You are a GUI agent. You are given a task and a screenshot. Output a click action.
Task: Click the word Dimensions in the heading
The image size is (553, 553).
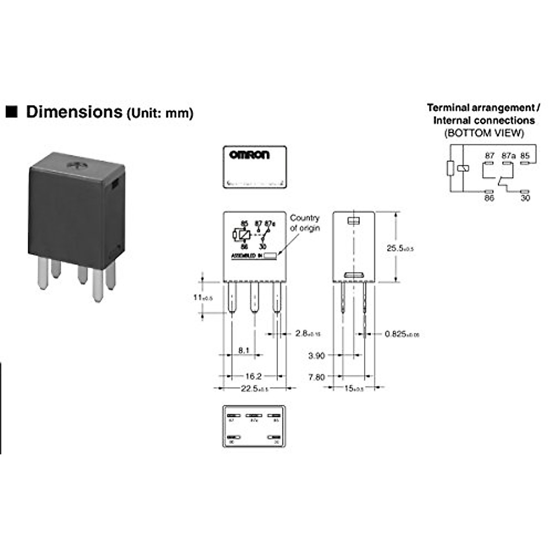tap(74, 112)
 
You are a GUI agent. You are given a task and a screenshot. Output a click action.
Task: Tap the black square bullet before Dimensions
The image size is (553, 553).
tap(11, 112)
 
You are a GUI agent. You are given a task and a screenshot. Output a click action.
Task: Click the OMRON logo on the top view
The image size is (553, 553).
tap(249, 155)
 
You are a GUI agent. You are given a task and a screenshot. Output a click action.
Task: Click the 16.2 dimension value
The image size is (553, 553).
tap(253, 377)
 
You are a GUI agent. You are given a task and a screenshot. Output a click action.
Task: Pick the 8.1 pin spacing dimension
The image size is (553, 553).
tap(244, 350)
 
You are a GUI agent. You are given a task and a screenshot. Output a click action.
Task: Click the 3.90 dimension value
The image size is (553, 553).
tap(316, 355)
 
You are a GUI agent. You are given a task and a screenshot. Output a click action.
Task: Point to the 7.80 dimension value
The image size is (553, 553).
tap(316, 377)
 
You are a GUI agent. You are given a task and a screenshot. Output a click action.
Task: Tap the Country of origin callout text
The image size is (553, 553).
tap(305, 223)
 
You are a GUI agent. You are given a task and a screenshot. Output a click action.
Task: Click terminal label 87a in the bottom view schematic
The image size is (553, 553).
tap(508, 156)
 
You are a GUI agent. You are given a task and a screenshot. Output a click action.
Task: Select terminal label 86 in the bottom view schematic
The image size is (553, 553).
tap(489, 198)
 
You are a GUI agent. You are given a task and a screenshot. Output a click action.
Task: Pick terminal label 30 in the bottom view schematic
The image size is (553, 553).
tap(525, 198)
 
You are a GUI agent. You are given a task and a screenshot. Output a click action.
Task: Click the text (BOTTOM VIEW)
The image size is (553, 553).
tap(484, 133)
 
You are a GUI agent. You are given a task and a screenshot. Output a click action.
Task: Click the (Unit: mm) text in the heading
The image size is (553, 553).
tap(160, 113)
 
